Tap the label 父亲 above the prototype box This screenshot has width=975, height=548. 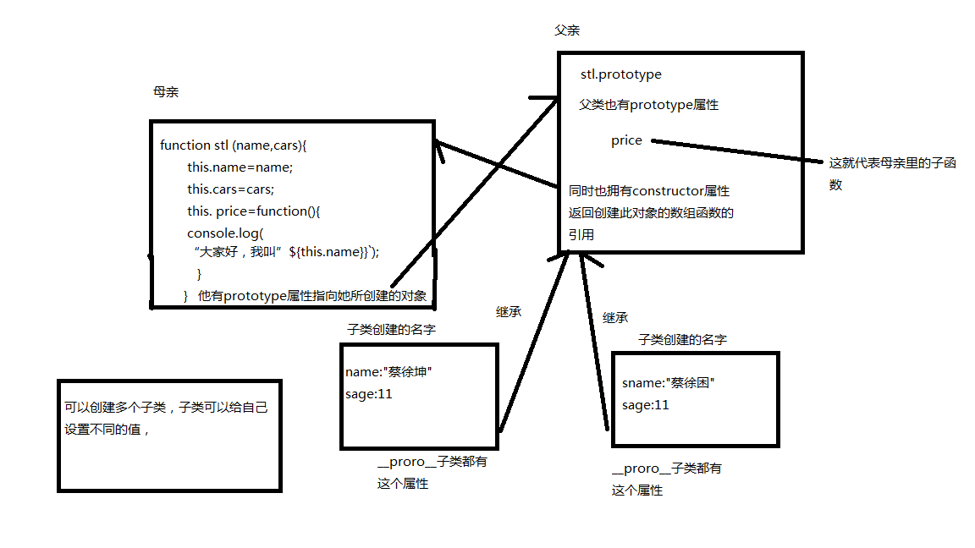pos(566,30)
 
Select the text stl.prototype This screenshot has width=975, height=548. pos(620,74)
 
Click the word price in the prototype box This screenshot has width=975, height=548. pos(626,140)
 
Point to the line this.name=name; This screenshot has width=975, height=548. pos(240,167)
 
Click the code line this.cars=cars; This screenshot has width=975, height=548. pos(231,189)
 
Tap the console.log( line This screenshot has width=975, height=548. pos(226,233)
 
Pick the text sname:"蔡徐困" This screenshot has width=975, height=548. pos(669,382)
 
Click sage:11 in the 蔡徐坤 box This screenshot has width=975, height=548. pos(369,393)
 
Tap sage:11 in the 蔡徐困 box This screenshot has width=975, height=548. pos(646,404)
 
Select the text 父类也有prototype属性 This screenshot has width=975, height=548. pos(648,105)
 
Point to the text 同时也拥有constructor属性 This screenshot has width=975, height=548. pos(649,190)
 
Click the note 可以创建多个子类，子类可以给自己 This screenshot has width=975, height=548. pos(166,407)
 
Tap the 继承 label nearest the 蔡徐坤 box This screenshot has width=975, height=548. pos(509,311)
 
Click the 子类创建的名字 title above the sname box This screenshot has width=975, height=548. pos(682,339)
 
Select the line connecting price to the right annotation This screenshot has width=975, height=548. pos(736,151)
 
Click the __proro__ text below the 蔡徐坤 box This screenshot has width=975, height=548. pos(406,462)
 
